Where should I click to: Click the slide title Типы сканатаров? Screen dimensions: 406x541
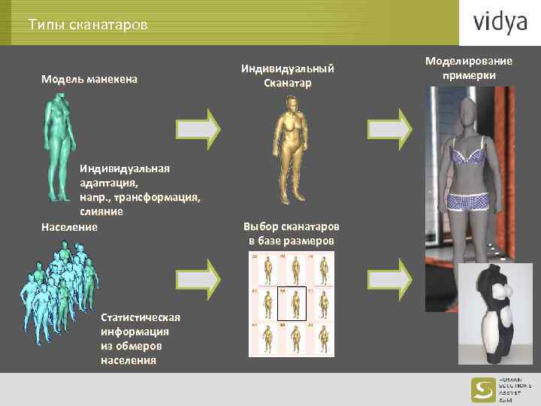89,25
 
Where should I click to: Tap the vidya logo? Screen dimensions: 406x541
500,23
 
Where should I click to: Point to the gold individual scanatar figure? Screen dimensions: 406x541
290,147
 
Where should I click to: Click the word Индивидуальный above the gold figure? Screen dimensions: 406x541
287,68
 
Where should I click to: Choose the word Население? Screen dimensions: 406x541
69,226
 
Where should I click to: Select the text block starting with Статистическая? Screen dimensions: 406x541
135,338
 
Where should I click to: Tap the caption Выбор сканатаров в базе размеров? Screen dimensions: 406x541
291,233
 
